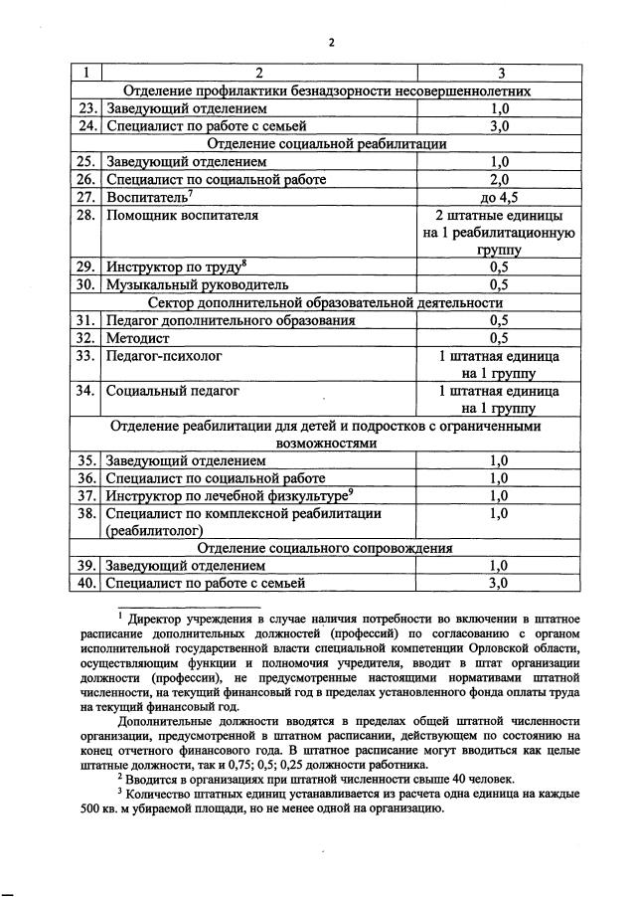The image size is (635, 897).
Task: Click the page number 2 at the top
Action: click(x=332, y=42)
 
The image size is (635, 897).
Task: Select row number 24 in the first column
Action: click(x=87, y=126)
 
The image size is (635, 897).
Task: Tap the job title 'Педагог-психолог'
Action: click(x=164, y=355)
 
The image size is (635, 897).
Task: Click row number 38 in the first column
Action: click(x=87, y=514)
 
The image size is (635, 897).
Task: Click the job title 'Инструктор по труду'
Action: click(x=178, y=268)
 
